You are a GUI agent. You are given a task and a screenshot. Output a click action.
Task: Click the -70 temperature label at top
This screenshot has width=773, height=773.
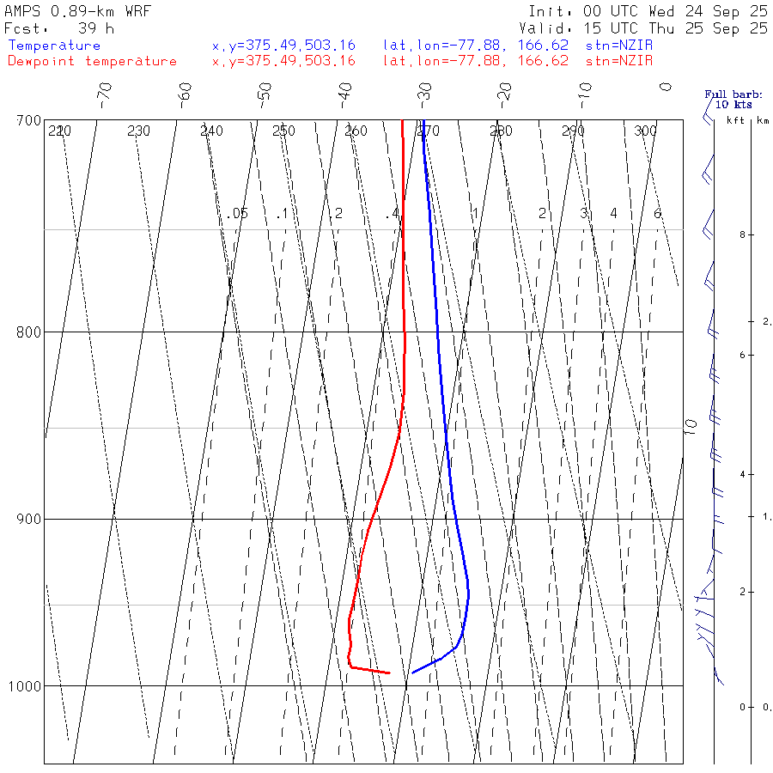tap(105, 93)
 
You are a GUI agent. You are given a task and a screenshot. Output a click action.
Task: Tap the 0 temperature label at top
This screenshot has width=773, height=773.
tap(665, 87)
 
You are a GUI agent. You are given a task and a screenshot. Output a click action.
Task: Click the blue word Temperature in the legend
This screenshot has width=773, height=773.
tap(54, 46)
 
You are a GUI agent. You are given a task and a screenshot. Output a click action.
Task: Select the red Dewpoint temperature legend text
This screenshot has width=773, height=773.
tap(92, 61)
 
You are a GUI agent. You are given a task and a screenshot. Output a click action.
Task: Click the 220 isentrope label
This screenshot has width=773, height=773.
tap(59, 131)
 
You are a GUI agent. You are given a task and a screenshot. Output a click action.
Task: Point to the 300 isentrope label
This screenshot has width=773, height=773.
tap(645, 131)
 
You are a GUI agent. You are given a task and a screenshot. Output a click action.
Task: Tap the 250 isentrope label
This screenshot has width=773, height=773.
tap(283, 131)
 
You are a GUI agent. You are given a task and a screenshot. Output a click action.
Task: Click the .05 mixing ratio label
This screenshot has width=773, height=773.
tap(239, 213)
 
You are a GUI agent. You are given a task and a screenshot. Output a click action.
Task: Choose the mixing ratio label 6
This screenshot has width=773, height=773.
tap(657, 213)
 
